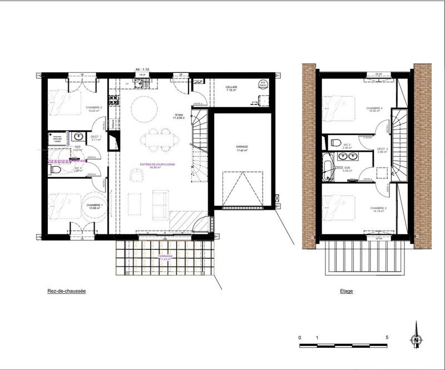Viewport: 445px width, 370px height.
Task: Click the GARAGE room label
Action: (x=241, y=146)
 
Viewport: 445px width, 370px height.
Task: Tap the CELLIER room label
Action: (x=231, y=87)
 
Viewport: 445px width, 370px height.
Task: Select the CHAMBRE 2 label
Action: (x=94, y=107)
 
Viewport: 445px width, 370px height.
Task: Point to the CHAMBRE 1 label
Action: (x=94, y=205)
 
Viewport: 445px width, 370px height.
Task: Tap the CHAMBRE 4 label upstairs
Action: (x=374, y=108)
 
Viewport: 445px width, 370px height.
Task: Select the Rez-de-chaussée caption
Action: (x=66, y=290)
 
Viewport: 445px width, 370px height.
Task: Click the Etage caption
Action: (x=346, y=290)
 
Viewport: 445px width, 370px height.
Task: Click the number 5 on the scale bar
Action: (x=387, y=338)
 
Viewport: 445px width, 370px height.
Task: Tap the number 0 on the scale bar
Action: (x=299, y=338)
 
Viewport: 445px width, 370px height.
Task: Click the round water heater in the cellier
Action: (x=263, y=85)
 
